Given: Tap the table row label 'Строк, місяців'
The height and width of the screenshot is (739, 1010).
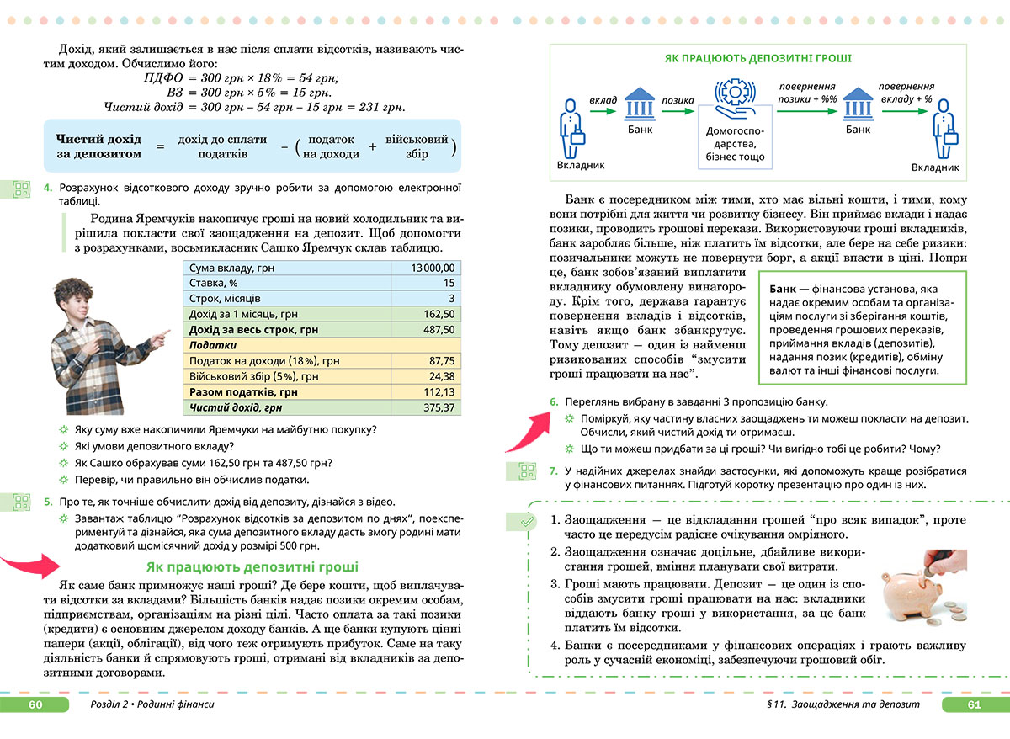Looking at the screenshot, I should tap(226, 299).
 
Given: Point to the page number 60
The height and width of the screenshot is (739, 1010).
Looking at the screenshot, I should tap(35, 704).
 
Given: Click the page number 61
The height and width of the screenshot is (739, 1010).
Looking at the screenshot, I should tap(975, 704).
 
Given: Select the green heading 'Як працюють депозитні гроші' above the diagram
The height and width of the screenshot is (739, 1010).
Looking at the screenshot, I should tap(757, 59).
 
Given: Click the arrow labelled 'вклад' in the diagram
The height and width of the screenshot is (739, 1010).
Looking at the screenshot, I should tap(603, 107).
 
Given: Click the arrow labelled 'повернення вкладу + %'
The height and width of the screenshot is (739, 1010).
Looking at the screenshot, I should tap(905, 107).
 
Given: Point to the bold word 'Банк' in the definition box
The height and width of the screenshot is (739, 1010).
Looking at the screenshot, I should tap(784, 289).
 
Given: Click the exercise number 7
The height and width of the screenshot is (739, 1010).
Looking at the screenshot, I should tap(553, 471).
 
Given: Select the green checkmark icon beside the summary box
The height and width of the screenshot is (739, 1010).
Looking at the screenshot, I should tap(525, 522).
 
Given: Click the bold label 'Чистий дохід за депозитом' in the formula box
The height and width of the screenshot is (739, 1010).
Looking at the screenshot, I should tap(98, 146).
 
